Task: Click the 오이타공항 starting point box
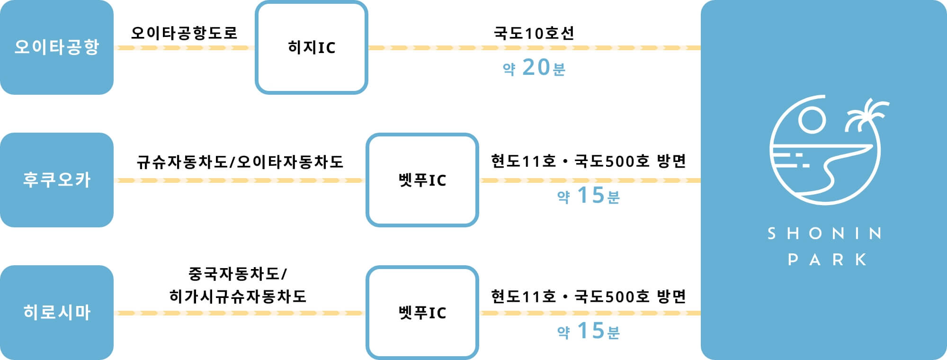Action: coord(57,47)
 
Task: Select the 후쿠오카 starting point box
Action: coord(57,180)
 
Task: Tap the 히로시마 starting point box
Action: coord(57,313)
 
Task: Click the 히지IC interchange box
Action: coord(312,47)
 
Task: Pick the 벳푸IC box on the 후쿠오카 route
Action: coord(422,180)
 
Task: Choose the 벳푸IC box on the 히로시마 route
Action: coord(422,313)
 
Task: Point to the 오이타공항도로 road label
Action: coord(184,33)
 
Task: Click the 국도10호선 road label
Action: coord(534,33)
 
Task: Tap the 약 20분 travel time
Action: coord(534,68)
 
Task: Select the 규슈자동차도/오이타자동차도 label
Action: coord(240,162)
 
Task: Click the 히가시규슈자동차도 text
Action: coord(238,297)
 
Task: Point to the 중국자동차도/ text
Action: coord(238,274)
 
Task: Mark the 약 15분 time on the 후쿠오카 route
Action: coord(589,196)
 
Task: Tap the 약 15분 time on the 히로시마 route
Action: coord(589,331)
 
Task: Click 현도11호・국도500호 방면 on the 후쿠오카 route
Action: coord(589,162)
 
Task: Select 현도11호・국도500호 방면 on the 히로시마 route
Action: coord(589,297)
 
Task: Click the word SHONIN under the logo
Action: coord(824,234)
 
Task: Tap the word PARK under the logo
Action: coord(827,260)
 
